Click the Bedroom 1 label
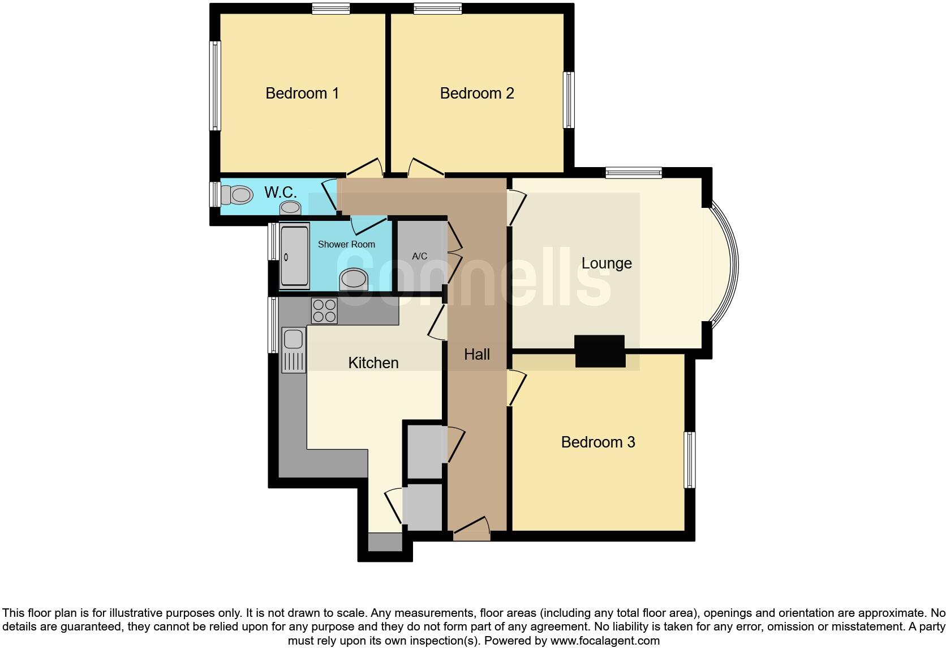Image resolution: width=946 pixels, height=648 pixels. (302, 93)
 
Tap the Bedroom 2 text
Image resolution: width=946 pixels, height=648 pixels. (477, 93)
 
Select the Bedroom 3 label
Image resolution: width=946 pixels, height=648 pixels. (598, 442)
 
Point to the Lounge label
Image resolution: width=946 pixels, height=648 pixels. (607, 263)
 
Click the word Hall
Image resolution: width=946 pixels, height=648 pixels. (477, 355)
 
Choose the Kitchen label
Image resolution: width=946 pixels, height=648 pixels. (373, 363)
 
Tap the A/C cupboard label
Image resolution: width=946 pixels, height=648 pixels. (420, 256)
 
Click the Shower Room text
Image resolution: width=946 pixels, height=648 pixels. (346, 244)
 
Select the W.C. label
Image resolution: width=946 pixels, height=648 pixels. (281, 192)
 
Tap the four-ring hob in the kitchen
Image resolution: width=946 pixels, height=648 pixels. (324, 310)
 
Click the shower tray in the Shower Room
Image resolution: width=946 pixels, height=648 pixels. (295, 256)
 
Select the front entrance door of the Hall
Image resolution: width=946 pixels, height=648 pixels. (471, 530)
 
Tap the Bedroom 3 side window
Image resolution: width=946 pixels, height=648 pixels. (689, 459)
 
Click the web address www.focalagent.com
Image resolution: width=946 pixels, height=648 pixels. (605, 641)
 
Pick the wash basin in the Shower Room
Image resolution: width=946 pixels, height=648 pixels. (354, 279)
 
